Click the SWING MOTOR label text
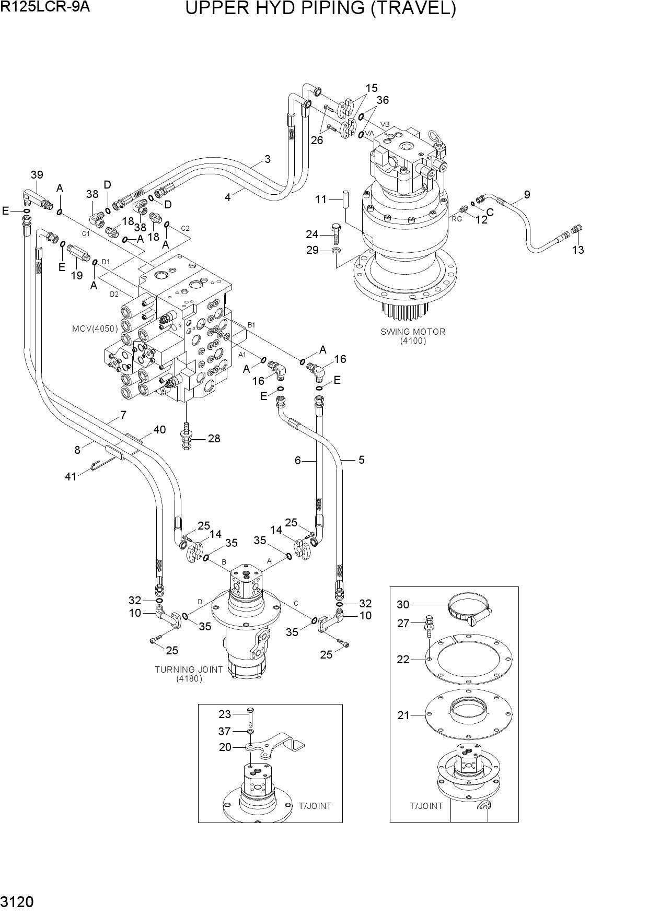412,331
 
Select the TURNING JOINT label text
189,669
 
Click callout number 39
37,175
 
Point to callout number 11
321,199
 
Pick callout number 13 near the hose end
577,250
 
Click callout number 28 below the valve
214,438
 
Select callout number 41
71,476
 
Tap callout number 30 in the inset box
403,605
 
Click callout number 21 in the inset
403,715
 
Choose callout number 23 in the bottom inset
225,714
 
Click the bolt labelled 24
337,233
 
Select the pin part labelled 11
346,199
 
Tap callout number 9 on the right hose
527,195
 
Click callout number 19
77,275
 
